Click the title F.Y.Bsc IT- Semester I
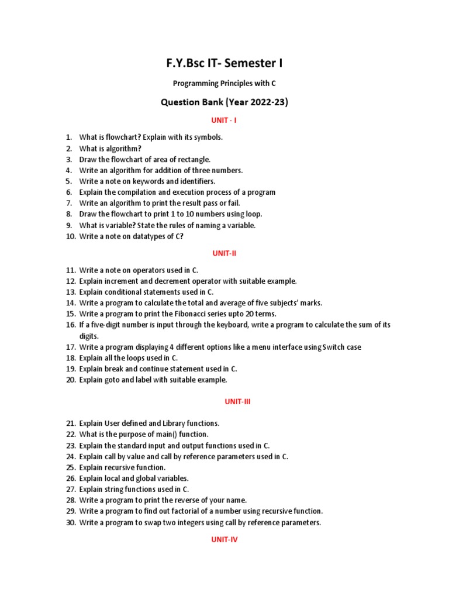pyautogui.click(x=224, y=63)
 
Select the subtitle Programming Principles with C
pyautogui.click(x=224, y=84)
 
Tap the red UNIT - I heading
pyautogui.click(x=224, y=120)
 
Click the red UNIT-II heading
pyautogui.click(x=224, y=253)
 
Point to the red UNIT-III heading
pyautogui.click(x=224, y=402)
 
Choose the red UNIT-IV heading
pyautogui.click(x=224, y=540)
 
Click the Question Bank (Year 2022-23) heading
pyautogui.click(x=224, y=102)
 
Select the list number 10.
pyautogui.click(x=70, y=236)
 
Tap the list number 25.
pyautogui.click(x=70, y=467)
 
